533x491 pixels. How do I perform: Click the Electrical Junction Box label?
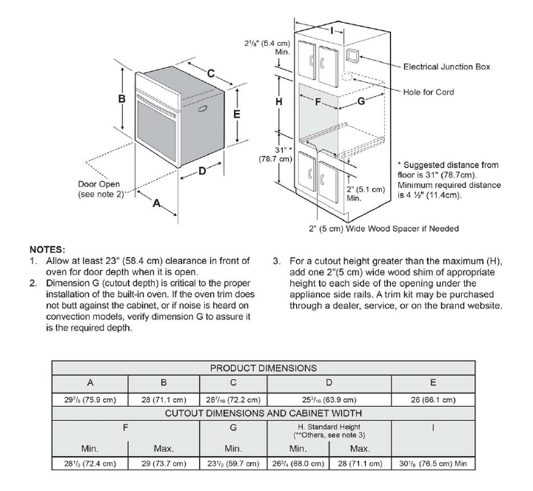(446, 67)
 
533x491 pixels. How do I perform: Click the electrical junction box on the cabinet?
(353, 55)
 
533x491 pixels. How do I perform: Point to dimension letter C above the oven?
(211, 73)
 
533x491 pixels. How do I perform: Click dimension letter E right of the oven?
(237, 115)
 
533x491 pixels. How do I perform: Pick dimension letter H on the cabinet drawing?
(280, 101)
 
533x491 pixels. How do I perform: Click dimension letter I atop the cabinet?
(332, 30)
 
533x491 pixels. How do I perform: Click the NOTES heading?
(48, 250)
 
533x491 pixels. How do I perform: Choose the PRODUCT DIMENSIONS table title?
(264, 368)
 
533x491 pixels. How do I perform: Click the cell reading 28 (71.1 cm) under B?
(164, 399)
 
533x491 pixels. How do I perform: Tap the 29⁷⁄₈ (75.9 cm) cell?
(90, 399)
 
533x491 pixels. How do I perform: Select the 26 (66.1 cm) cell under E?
(432, 399)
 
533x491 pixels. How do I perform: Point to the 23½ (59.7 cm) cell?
(233, 464)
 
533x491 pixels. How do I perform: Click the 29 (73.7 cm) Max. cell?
(164, 464)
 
